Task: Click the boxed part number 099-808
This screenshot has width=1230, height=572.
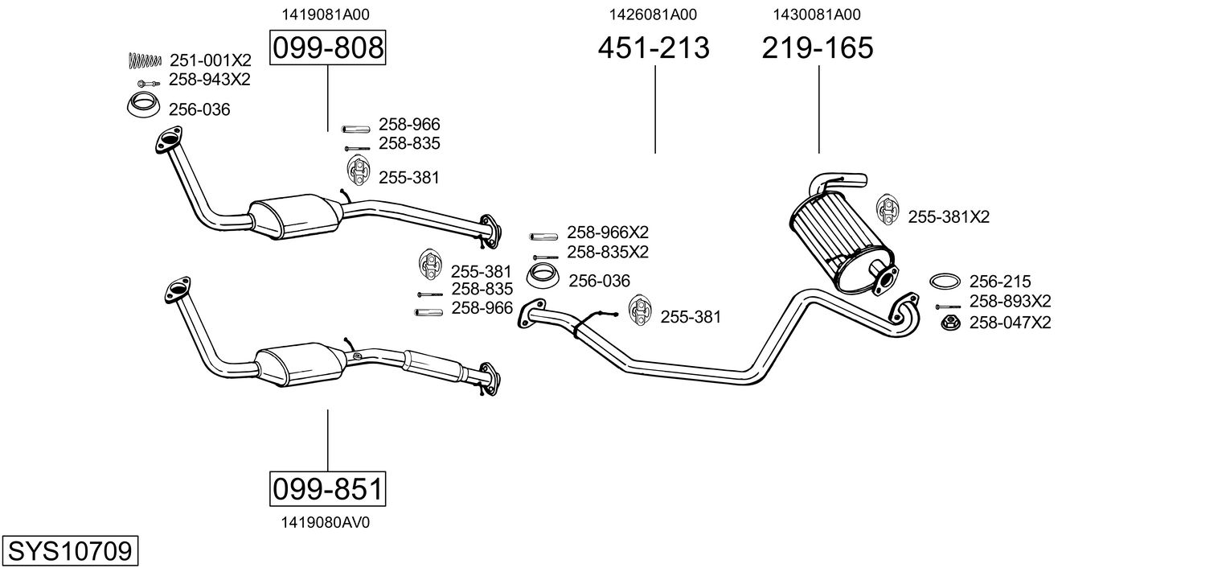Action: pos(327,48)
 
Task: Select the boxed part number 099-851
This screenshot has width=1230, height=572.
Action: pos(327,488)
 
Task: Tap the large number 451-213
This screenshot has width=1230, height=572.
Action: pos(654,48)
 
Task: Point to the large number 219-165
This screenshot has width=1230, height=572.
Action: pos(817,48)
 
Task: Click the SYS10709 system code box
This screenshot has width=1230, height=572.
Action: pos(69,552)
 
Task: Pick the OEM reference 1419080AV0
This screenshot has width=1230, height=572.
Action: pos(325,522)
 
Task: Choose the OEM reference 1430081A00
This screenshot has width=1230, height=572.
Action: pos(817,14)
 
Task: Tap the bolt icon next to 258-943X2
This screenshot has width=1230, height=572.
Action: pos(146,82)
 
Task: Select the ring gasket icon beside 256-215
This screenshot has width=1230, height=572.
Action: pos(945,282)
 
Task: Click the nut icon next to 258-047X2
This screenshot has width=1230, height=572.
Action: pos(949,323)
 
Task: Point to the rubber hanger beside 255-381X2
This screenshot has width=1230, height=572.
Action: pos(886,210)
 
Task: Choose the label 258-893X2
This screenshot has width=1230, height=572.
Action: pos(1010,302)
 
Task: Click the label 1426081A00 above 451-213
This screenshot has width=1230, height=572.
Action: pos(653,14)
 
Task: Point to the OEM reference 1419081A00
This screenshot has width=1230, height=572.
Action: pos(325,14)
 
